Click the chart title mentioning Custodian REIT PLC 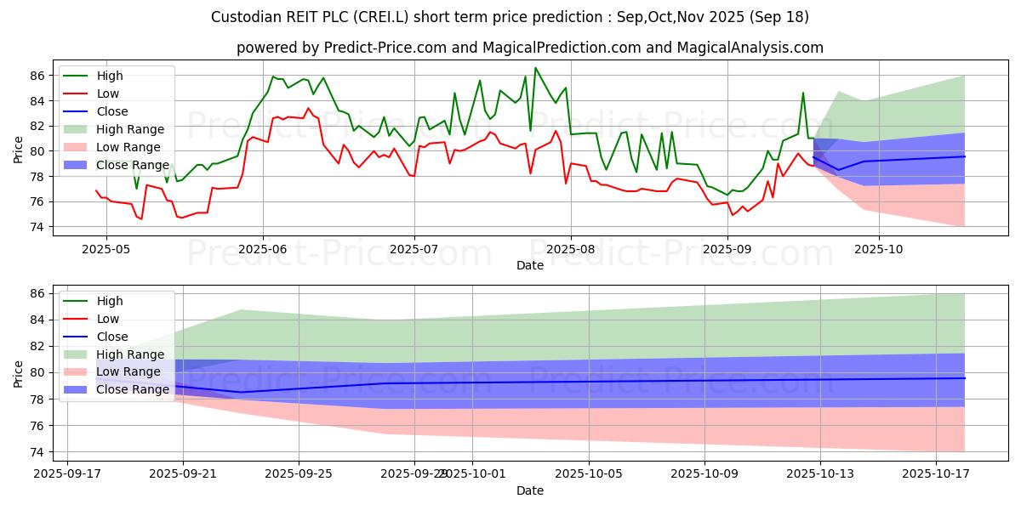tap(510, 17)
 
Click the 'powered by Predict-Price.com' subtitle tap(529, 48)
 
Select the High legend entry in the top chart tap(110, 76)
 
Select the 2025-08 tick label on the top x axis tap(570, 250)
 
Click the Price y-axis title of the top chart tap(19, 151)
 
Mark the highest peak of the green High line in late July tap(535, 68)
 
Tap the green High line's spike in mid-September tap(803, 93)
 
